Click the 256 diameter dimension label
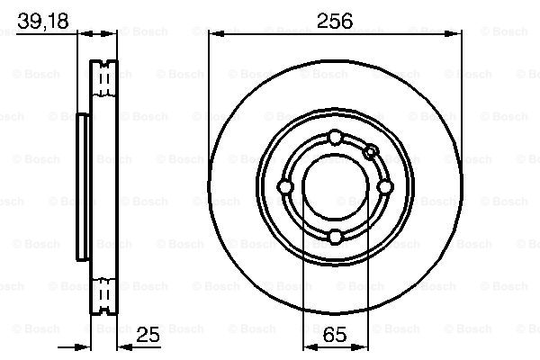click(334, 20)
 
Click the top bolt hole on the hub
click(335, 137)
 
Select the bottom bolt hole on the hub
click(335, 236)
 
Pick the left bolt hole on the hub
click(285, 186)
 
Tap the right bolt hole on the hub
click(384, 186)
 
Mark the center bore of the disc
click(335, 186)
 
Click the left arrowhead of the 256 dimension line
click(214, 34)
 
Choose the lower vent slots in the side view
click(105, 292)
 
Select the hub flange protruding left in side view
click(82, 186)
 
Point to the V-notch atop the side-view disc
click(105, 63)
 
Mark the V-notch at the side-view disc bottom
click(105, 311)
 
